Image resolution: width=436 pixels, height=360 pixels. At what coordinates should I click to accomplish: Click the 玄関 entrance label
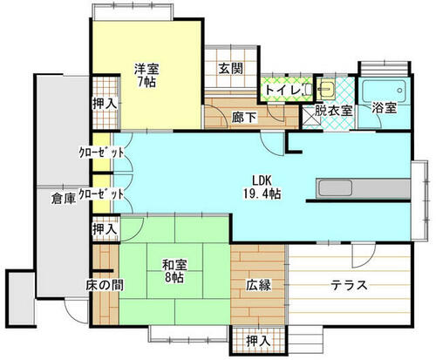tap(231, 69)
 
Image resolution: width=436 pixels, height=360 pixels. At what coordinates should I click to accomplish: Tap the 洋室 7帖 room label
tap(146, 75)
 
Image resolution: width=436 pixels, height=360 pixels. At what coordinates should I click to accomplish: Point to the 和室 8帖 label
tap(174, 271)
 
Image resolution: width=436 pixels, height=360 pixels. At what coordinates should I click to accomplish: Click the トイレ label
tap(283, 90)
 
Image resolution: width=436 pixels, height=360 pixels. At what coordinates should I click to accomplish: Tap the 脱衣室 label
tap(333, 111)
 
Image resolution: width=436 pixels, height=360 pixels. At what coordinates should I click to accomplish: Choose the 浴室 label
tap(385, 108)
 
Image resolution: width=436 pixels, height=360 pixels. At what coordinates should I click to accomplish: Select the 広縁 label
tap(259, 285)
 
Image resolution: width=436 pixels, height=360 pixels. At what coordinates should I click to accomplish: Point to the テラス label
tap(350, 285)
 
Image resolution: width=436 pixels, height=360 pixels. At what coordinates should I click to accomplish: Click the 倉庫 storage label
tap(64, 199)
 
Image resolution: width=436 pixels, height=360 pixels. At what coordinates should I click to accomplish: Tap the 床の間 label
tap(105, 285)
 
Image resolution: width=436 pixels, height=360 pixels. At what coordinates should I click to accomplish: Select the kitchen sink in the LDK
tap(336, 188)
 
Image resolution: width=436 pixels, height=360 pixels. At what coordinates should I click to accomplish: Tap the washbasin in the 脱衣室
tap(326, 87)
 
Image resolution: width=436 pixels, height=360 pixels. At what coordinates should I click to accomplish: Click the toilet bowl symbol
tap(308, 89)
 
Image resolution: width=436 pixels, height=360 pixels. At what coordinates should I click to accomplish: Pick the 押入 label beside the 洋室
tap(105, 104)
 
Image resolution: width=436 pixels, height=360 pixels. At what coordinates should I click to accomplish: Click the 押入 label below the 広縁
tap(258, 341)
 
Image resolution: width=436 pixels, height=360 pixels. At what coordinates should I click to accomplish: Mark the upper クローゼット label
tap(101, 152)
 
